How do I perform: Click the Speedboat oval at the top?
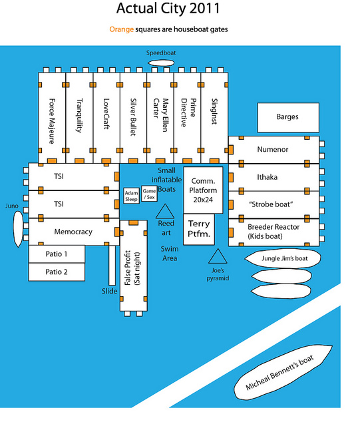point(161,63)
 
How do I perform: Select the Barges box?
point(288,117)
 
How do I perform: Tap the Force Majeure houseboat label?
point(52,121)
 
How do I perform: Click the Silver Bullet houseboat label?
point(133,117)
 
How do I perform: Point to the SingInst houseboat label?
point(214,111)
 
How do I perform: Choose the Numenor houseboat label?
point(273,149)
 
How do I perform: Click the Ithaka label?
point(268,177)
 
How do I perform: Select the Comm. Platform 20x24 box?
point(203,190)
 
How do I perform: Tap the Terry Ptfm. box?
point(199,229)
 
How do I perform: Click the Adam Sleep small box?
point(132,196)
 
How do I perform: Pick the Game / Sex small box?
point(149,194)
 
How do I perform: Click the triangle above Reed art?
point(165,212)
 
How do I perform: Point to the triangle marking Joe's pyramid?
point(218,256)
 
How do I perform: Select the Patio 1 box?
point(57,254)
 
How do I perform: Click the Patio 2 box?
point(57,272)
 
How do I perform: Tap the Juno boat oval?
point(18,229)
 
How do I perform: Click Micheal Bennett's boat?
point(283,373)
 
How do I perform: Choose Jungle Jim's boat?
point(283,258)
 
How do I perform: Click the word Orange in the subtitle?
point(122,29)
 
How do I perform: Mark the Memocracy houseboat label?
point(73,232)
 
